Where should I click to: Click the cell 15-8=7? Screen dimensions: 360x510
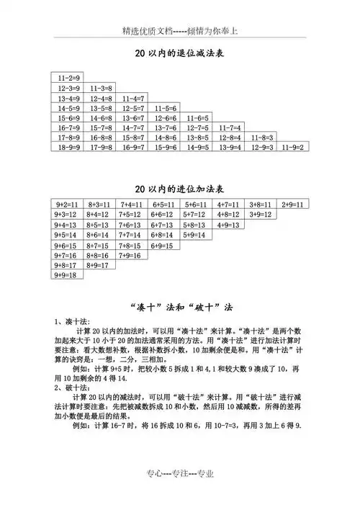(132, 137)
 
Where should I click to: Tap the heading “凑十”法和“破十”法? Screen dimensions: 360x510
(179, 305)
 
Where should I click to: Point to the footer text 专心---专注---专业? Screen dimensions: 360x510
(180, 495)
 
